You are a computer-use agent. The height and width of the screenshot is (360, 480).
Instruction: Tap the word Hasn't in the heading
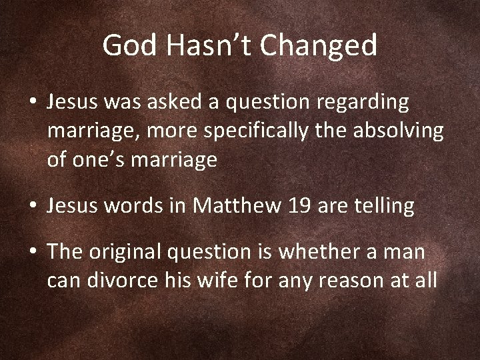pos(203,45)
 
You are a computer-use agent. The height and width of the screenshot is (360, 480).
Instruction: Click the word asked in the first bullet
pos(183,103)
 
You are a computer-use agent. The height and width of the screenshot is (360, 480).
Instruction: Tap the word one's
pos(103,160)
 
